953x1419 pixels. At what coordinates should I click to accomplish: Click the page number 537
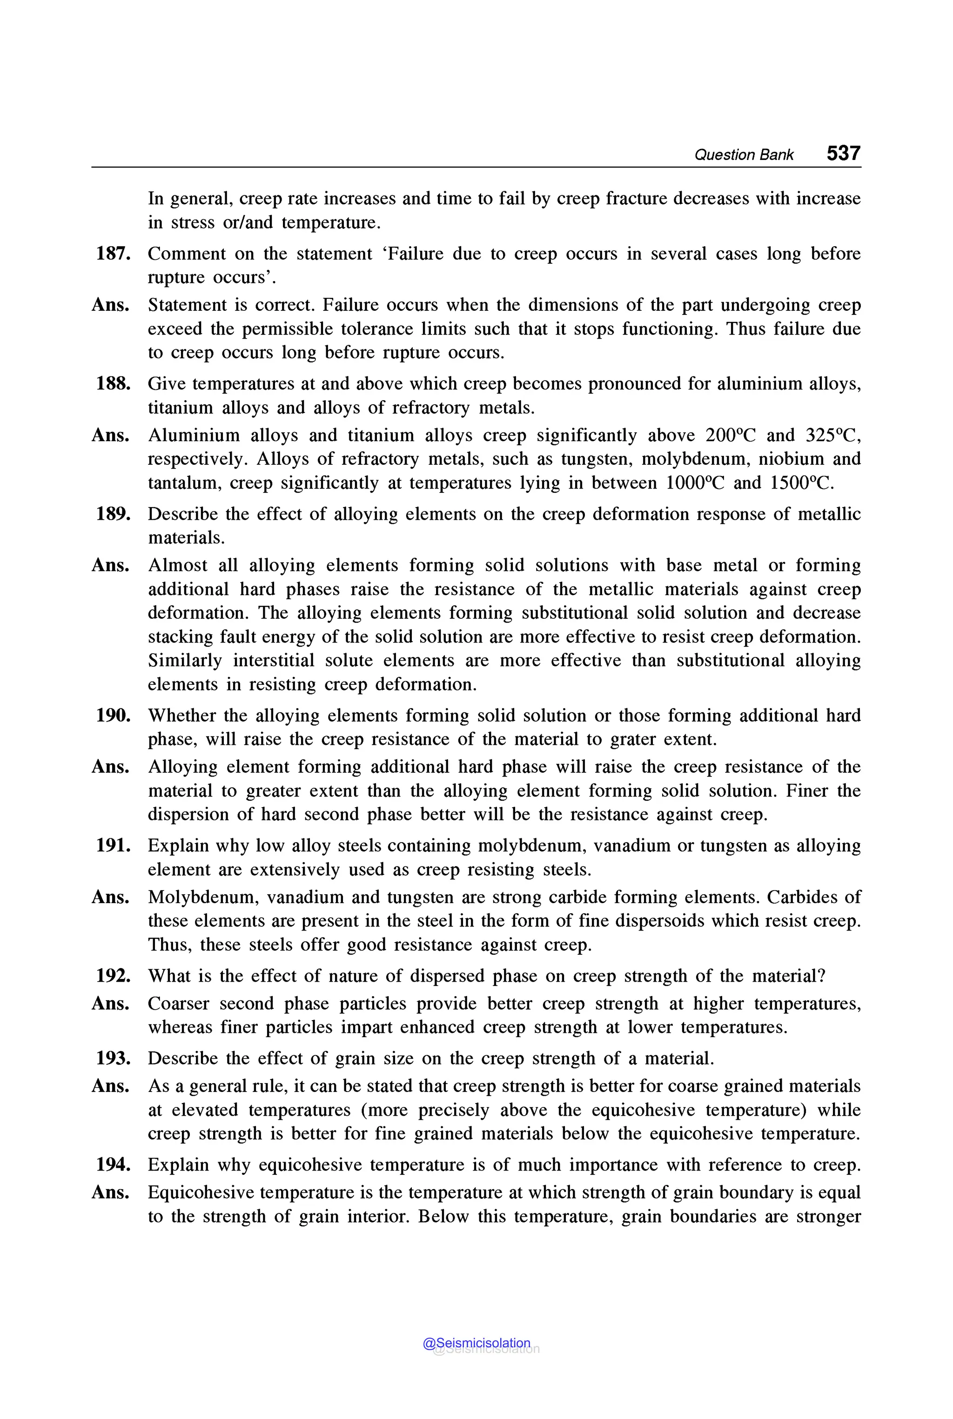point(843,153)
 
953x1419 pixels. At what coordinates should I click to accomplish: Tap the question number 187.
point(113,254)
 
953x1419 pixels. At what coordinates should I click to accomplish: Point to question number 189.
point(113,514)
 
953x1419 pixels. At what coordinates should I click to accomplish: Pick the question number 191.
point(113,845)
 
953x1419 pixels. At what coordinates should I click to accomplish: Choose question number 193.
point(113,1058)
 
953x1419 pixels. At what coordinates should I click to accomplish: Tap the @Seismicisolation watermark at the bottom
point(476,1343)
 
